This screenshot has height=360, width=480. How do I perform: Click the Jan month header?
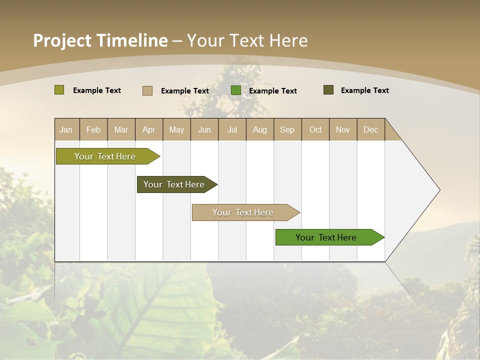(66, 129)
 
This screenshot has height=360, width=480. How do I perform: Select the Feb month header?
(93, 129)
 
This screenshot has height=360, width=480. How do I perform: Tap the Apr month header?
(149, 129)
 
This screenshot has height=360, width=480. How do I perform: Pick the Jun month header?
(204, 129)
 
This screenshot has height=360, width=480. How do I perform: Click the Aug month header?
(260, 129)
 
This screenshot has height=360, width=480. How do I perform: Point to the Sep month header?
(287, 129)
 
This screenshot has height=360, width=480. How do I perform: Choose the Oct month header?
(315, 129)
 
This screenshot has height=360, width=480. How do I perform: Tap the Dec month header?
(371, 129)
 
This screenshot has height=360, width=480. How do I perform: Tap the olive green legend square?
(59, 90)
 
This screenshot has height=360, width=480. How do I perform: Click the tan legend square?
(147, 90)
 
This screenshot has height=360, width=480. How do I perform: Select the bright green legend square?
(235, 90)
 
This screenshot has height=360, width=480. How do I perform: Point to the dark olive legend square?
(328, 90)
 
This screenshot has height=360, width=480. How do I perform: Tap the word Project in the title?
(61, 40)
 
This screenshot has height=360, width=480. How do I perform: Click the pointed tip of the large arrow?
(438, 190)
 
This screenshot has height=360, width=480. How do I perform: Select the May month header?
(176, 129)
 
